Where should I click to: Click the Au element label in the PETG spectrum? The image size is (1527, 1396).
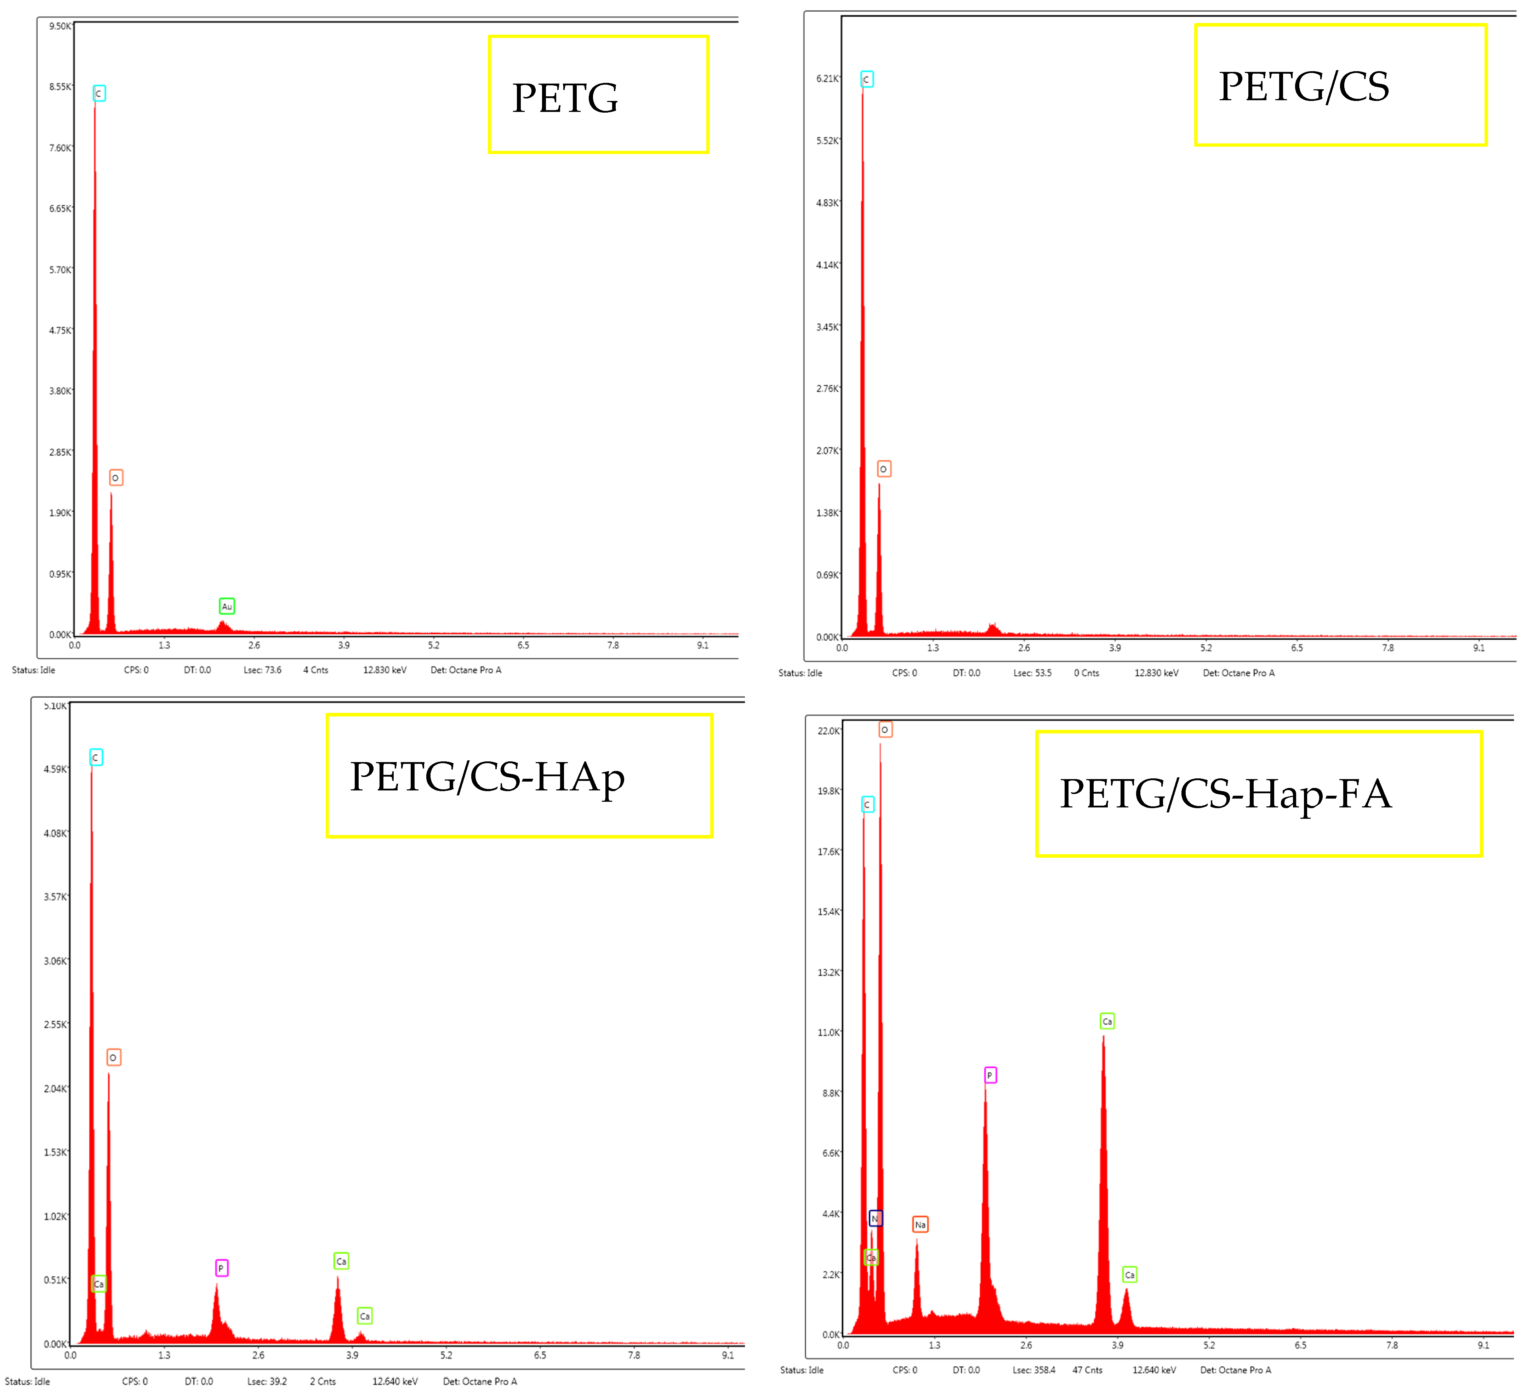[x=227, y=606]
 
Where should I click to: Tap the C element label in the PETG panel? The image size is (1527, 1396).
[x=98, y=93]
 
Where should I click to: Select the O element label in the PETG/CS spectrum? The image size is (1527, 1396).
[x=883, y=469]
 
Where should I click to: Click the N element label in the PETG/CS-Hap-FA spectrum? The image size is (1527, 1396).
[x=875, y=1218]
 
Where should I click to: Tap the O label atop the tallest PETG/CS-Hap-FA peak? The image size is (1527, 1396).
[x=885, y=730]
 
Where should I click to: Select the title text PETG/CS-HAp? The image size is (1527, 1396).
[x=487, y=777]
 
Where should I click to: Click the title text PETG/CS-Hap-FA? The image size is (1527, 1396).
[x=1225, y=794]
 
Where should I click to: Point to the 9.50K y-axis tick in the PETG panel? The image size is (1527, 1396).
[x=60, y=27]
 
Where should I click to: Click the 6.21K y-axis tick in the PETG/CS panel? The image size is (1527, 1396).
[x=827, y=79]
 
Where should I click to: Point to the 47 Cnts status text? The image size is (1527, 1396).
[x=1087, y=1369]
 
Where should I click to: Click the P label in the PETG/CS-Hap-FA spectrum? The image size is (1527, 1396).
[x=989, y=1075]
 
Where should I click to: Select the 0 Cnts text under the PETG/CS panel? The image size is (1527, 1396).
[x=1086, y=673]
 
